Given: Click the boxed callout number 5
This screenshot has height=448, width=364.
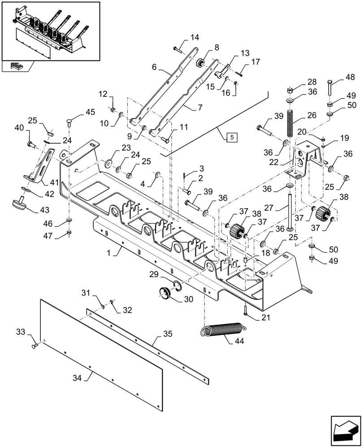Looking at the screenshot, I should pyautogui.click(x=230, y=137).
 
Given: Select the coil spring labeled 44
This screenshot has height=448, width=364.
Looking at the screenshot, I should pyautogui.click(x=223, y=330).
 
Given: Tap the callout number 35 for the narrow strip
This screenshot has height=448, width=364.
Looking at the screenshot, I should pyautogui.click(x=168, y=334).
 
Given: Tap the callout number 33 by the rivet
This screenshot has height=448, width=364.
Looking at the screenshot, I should pyautogui.click(x=21, y=332).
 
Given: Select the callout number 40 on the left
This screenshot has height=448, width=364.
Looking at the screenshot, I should pyautogui.click(x=19, y=128).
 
